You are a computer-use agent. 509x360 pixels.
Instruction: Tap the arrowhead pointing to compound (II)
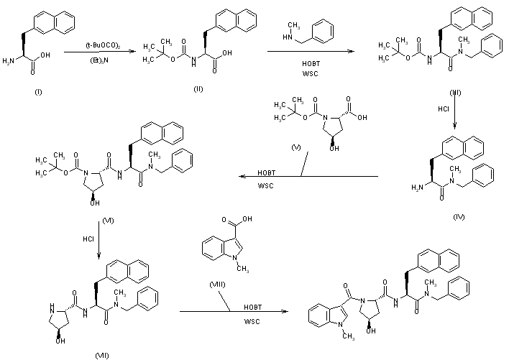(x=133, y=51)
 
